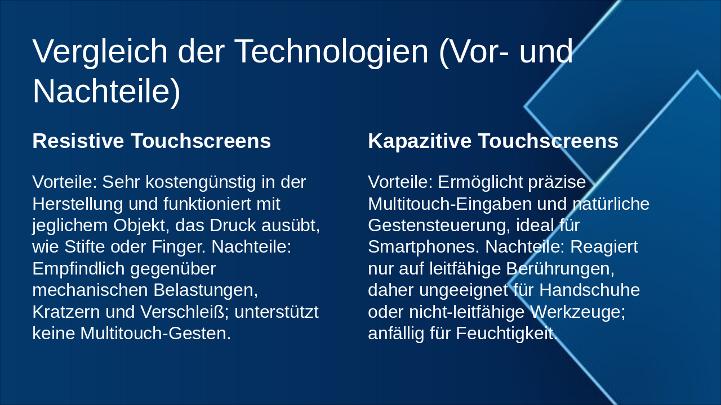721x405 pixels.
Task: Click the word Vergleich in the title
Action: (x=100, y=52)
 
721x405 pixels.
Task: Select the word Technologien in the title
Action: (x=332, y=52)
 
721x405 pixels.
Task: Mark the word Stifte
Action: (x=84, y=247)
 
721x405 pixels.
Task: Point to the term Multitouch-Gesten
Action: (x=155, y=334)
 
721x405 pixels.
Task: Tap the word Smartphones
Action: (x=424, y=247)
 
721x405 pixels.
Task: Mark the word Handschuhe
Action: (x=590, y=290)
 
